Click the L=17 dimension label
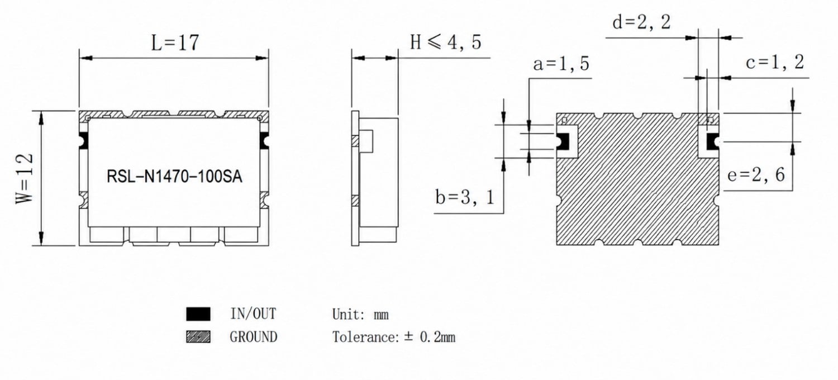coord(175,42)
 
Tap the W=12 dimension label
coord(25,179)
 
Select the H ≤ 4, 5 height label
coord(445,42)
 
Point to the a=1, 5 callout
coord(561,64)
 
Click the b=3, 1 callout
coord(465,197)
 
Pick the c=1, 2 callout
coord(775,62)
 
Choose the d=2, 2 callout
coord(641,22)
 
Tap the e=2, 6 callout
coord(756,175)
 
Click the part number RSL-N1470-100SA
coord(174,177)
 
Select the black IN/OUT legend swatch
coord(198,313)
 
